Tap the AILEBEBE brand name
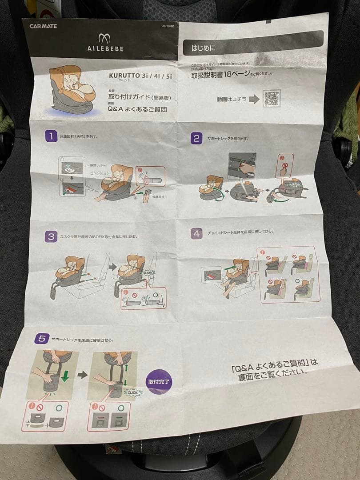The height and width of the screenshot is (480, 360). click(104, 48)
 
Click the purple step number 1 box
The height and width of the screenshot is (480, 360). click(51, 136)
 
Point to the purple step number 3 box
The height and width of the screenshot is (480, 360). click(51, 236)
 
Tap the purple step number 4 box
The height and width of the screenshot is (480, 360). click(196, 233)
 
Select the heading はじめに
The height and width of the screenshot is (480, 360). click(204, 47)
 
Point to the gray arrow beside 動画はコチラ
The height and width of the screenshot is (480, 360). click(254, 100)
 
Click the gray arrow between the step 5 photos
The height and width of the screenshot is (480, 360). click(83, 375)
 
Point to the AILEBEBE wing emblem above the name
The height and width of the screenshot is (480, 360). click(104, 38)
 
